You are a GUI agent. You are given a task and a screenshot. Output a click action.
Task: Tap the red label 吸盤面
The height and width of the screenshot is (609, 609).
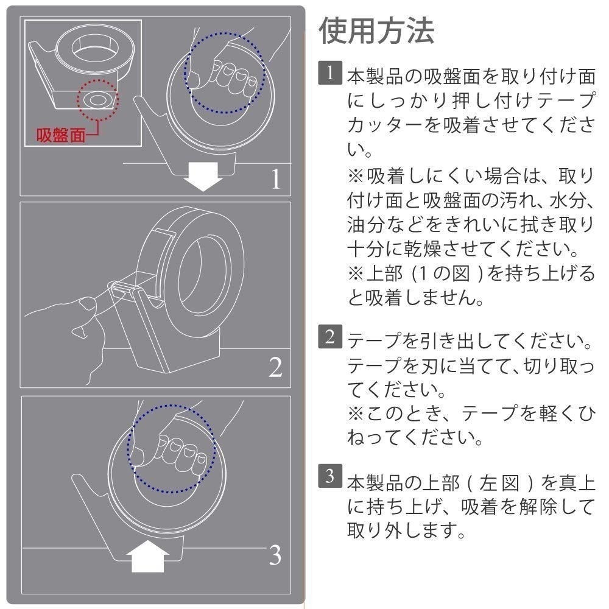(60, 135)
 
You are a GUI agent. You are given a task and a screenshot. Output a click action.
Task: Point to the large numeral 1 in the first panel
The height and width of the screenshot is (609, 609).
(276, 178)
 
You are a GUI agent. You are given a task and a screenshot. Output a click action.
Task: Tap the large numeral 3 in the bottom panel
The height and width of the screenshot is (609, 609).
(275, 555)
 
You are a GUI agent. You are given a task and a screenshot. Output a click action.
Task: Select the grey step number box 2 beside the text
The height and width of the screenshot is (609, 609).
(328, 336)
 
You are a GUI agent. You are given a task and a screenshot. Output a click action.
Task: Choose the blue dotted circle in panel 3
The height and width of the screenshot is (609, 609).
(171, 448)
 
